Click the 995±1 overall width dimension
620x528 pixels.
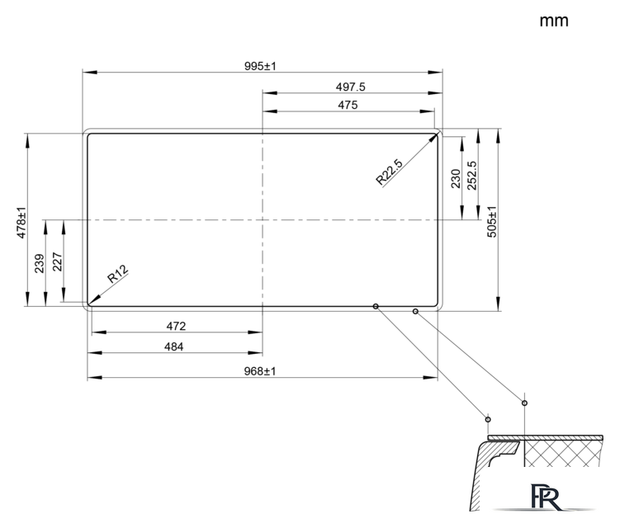260,66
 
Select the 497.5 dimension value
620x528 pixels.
350,87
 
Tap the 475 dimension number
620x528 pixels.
348,105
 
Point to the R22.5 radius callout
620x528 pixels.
389,172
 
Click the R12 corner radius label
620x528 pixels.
118,273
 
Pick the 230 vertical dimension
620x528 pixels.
456,179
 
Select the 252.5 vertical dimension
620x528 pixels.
471,176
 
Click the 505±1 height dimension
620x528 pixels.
491,222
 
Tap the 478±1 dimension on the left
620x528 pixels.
21,223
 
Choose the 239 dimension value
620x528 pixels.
39,264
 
